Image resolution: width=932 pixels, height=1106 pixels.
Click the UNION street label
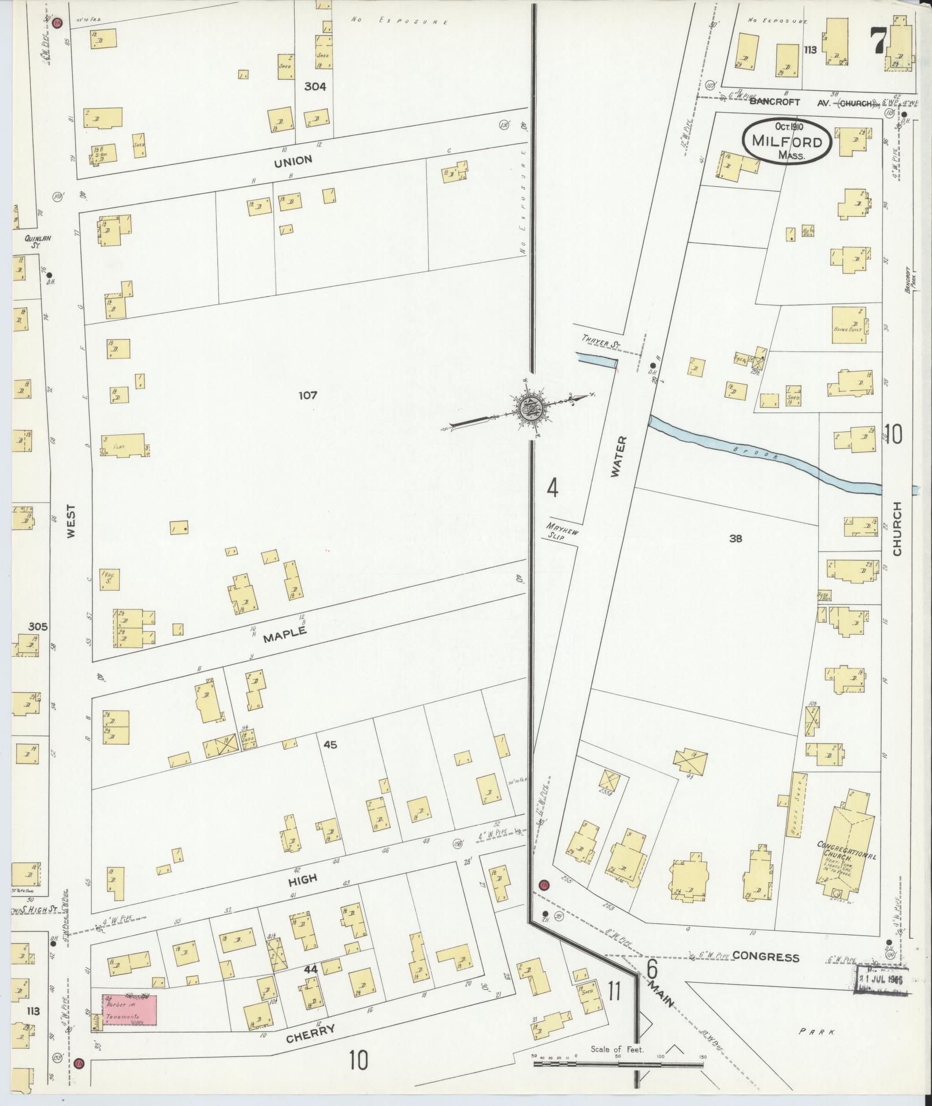pos(293,160)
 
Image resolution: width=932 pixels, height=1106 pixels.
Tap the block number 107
pos(308,395)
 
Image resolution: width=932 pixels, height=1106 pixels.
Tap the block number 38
pos(736,539)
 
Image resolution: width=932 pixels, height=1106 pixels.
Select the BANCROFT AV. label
pos(774,102)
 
